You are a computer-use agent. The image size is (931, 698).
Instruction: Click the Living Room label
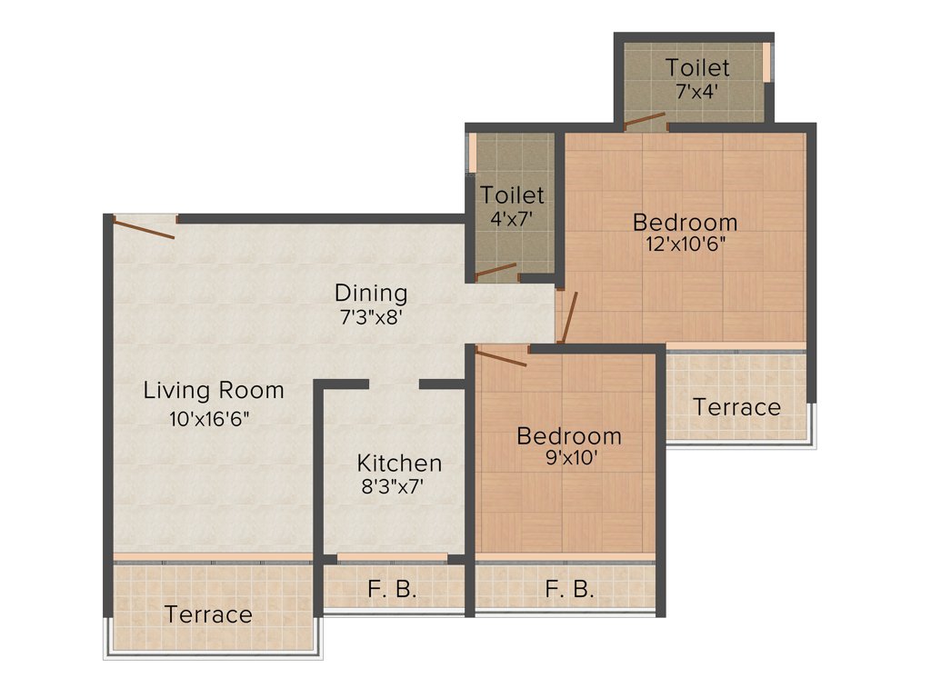(214, 391)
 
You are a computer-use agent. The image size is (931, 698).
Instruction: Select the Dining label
(371, 294)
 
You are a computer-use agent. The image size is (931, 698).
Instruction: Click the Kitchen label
(399, 463)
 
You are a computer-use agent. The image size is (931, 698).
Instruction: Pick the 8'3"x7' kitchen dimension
(393, 486)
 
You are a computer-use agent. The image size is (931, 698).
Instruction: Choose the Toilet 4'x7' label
(513, 194)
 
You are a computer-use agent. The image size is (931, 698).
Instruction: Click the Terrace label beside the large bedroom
(736, 407)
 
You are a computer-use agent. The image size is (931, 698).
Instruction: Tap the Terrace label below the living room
(208, 614)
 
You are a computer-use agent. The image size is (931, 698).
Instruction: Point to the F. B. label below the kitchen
(393, 589)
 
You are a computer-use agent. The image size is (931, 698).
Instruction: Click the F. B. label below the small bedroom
(570, 589)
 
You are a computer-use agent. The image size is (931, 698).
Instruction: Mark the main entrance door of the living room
(145, 226)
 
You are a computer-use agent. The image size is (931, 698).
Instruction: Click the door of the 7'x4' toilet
(645, 120)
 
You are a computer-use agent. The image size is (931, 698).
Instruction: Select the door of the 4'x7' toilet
(496, 270)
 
